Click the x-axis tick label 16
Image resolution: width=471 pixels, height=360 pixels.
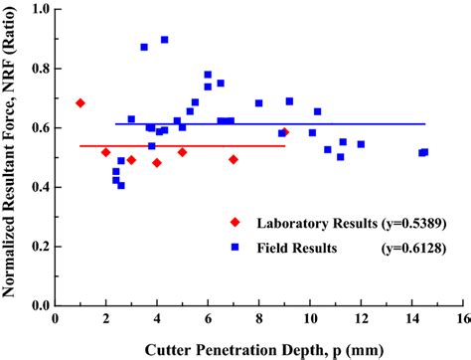(x=461, y=320)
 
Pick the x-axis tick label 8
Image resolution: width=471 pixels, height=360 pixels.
(x=258, y=320)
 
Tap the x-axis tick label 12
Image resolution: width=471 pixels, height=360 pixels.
(x=360, y=320)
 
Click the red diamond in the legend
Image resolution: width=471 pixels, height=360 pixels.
(x=235, y=221)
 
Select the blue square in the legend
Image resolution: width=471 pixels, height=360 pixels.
(x=235, y=246)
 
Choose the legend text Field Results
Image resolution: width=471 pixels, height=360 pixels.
(x=288, y=246)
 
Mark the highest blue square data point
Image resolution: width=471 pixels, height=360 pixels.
(x=164, y=40)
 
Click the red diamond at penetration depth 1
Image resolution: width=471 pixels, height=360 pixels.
(x=80, y=102)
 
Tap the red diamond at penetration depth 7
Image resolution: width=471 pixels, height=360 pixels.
(x=234, y=159)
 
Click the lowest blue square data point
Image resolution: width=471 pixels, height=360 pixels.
(x=120, y=185)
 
